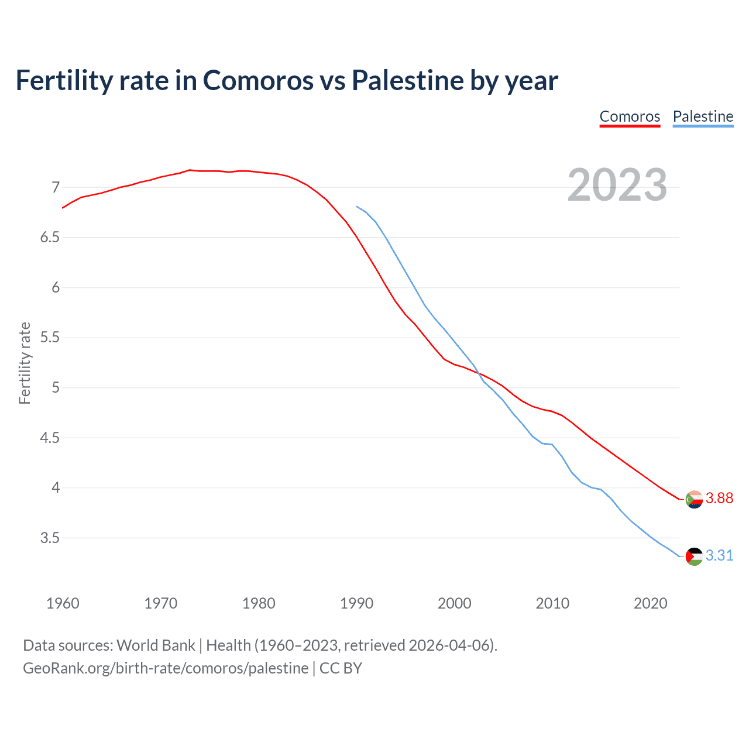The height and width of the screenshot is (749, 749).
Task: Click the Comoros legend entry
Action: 630,116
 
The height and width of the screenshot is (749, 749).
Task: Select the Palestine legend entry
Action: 703,116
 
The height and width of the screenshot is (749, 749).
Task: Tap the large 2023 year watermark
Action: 617,185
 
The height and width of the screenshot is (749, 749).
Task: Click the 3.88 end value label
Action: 719,498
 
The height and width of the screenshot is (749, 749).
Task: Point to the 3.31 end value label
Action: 719,555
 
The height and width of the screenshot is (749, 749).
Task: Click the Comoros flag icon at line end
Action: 694,500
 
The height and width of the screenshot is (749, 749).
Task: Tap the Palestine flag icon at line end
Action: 694,556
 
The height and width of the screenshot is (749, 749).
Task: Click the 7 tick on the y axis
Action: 56,187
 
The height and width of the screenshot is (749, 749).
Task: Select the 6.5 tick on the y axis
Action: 50,238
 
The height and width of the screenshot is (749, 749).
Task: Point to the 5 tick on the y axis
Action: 56,387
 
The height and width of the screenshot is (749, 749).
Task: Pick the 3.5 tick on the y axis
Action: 50,538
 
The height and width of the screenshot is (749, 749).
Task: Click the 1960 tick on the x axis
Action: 63,603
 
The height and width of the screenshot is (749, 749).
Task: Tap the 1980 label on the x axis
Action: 259,603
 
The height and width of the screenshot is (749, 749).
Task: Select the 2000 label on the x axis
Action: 455,603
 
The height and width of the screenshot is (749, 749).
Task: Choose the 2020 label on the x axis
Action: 650,603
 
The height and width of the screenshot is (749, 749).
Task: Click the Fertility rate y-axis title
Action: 25,363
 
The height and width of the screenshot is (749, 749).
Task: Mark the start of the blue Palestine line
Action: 356,206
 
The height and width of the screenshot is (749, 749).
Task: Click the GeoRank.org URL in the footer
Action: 166,668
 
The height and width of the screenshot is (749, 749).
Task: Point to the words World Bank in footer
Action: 156,645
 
